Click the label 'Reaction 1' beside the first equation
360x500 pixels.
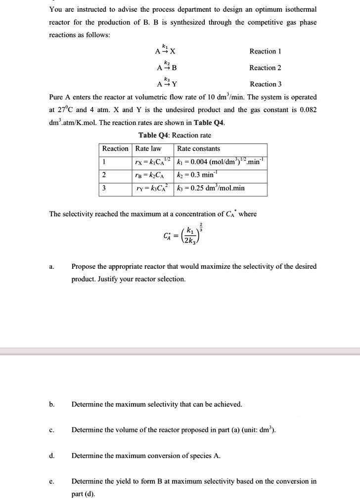click(266, 51)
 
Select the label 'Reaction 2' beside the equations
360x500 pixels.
click(266, 68)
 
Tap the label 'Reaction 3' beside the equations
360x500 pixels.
click(266, 84)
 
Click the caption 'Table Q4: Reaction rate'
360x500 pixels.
click(175, 135)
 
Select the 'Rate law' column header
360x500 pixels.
click(148, 149)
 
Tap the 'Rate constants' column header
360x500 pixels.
click(199, 149)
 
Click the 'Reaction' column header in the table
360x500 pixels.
click(115, 149)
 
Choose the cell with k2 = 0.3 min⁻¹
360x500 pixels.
click(198, 175)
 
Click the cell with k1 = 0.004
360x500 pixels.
click(221, 162)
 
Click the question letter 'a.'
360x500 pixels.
click(52, 267)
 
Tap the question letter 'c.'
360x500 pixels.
click(52, 430)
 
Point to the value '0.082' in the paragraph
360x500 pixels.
click(307, 110)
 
